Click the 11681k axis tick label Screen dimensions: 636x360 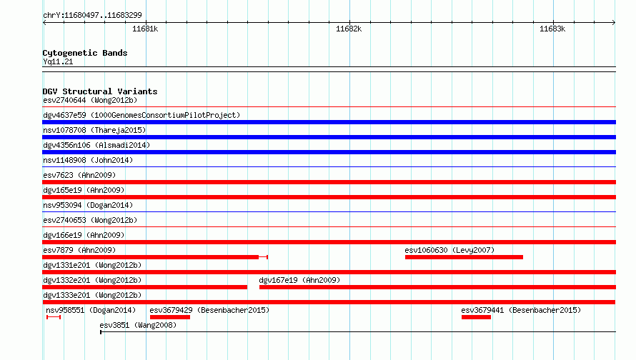coord(145,29)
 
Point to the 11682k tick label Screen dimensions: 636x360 coord(349,29)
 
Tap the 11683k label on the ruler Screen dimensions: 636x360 coord(552,29)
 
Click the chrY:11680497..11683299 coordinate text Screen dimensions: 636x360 coord(92,15)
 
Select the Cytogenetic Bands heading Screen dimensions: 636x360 coord(85,53)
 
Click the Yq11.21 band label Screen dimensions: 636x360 coord(58,61)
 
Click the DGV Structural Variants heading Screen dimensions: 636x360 coord(100,91)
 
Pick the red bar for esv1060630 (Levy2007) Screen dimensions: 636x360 coord(464,257)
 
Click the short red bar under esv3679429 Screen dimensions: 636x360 coord(170,317)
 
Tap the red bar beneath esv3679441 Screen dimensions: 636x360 coord(476,317)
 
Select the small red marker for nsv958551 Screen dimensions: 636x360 coord(54,317)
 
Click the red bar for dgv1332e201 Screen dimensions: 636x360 coord(145,287)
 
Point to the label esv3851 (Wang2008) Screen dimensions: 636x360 coord(138,325)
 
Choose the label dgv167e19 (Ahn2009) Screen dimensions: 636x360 coord(299,280)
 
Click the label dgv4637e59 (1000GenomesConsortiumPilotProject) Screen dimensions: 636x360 coord(141,115)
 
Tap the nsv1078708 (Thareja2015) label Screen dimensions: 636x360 coord(94,130)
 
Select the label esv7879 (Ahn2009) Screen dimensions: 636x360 coord(79,250)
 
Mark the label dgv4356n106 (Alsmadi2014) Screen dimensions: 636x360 coord(96,145)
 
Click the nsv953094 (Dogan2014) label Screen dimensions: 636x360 coord(88,205)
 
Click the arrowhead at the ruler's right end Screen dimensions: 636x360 coord(614,22)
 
